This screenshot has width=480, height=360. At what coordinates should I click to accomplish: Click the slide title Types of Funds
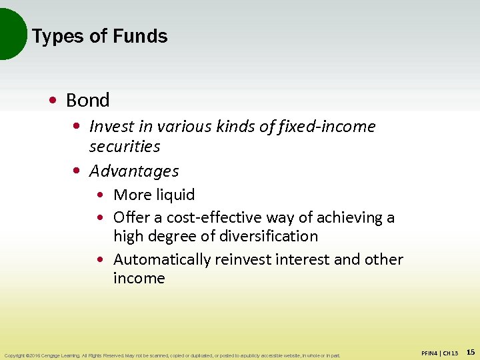coord(99,36)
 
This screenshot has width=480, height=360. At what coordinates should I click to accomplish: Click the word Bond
coord(87,101)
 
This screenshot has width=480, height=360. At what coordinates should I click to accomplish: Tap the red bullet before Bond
coord(53,101)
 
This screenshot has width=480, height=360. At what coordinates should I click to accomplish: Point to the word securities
coord(125,146)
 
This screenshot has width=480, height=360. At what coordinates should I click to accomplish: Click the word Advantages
coord(134,171)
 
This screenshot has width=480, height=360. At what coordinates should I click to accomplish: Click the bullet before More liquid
coord(101,195)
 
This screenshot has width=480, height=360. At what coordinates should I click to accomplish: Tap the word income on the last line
coord(139,278)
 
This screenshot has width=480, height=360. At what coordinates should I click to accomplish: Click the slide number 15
coord(470,352)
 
